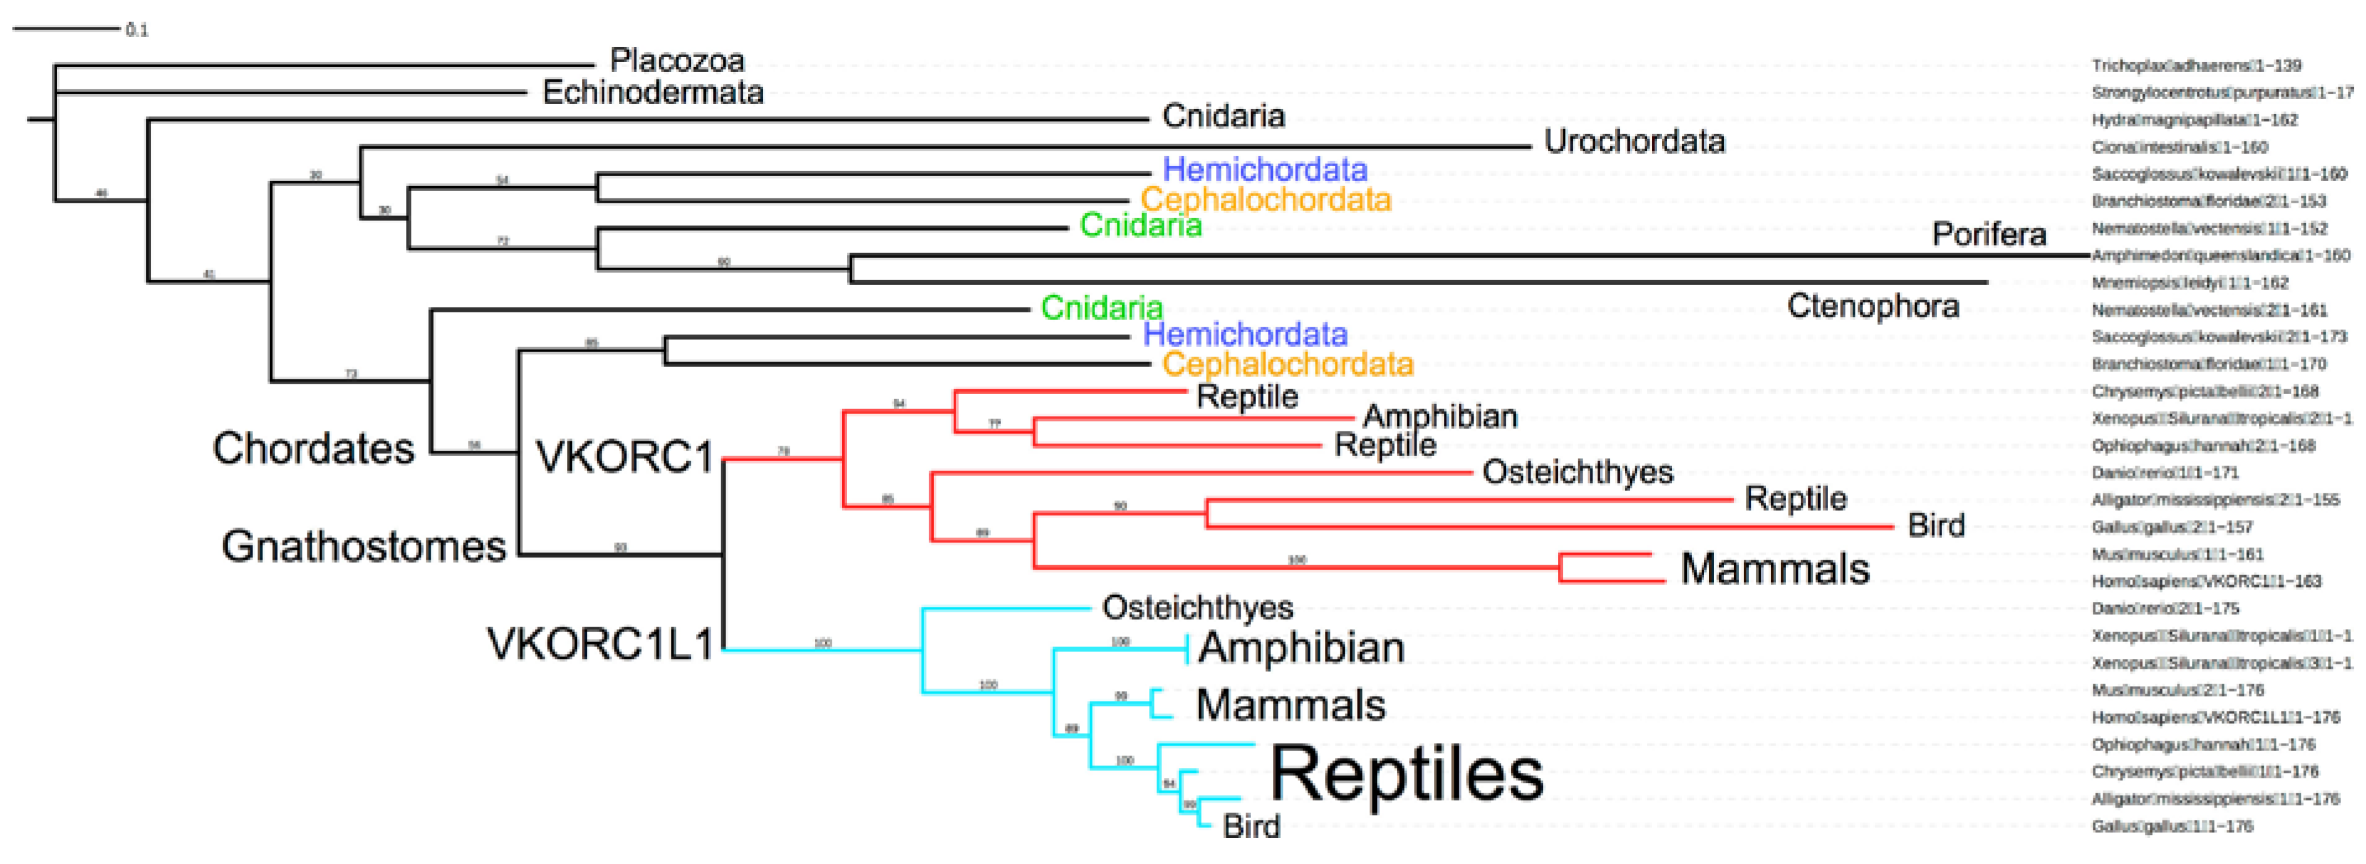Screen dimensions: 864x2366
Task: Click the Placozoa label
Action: [x=677, y=61]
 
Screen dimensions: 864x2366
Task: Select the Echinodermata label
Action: [x=653, y=92]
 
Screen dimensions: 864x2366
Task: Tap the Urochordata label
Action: [x=1634, y=141]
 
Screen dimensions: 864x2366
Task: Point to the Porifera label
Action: [x=1989, y=234]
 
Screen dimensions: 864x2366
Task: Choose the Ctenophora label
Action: [x=1873, y=306]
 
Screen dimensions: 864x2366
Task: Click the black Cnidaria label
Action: [x=1223, y=116]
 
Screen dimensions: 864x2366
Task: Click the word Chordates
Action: [x=313, y=448]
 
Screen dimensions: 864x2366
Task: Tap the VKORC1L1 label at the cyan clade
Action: [x=600, y=643]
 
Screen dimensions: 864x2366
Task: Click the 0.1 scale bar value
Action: [x=137, y=30]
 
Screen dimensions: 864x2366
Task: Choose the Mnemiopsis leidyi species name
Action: [x=2189, y=283]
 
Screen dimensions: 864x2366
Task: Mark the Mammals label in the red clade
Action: [x=1775, y=568]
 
